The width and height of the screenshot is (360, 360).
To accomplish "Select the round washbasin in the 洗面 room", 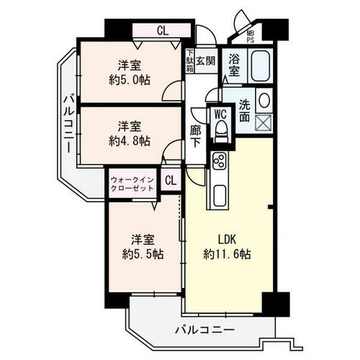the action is [264, 100].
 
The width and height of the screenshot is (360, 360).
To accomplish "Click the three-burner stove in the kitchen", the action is [220, 161].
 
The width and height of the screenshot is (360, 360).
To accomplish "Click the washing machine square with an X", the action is [264, 122].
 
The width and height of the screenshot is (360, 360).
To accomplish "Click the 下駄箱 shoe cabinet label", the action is [190, 60].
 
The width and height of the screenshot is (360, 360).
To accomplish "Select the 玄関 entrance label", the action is [205, 60].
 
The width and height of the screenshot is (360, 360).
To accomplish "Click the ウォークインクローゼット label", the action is [132, 184].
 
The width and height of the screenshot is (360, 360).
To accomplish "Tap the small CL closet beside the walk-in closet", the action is [171, 180].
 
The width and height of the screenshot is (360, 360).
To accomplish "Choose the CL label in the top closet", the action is [163, 31].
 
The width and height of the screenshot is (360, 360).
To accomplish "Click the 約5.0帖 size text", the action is [130, 80].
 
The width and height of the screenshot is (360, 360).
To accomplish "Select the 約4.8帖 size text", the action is [130, 141].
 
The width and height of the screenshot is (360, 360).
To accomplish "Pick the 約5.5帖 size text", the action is [143, 254].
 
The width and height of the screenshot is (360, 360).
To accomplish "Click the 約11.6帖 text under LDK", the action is [227, 254].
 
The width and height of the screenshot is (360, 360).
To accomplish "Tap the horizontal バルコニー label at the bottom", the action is [204, 330].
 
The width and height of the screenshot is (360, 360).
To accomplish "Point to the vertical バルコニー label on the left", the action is [69, 124].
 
